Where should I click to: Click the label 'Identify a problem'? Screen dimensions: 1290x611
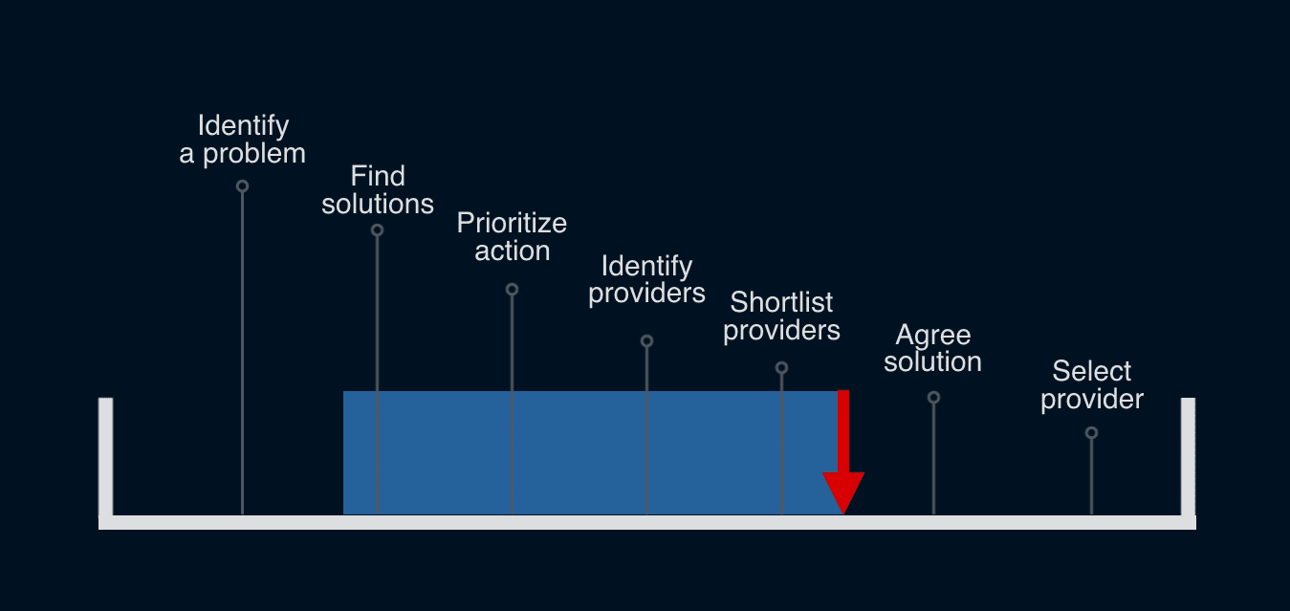pos(243,140)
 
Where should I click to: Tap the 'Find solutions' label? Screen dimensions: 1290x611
pos(378,189)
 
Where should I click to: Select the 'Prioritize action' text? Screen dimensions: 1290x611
pos(512,237)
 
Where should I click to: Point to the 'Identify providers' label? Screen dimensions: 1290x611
pos(646,279)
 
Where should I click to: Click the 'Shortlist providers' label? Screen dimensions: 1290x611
pos(781,316)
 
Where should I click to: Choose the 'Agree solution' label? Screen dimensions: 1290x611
pos(933,348)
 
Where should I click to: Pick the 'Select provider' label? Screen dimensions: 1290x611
pos(1092,385)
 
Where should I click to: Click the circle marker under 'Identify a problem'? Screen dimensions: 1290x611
pos(243,186)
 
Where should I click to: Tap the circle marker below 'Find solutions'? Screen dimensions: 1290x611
pos(377,230)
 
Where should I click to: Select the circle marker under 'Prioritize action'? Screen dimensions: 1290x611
pos(512,289)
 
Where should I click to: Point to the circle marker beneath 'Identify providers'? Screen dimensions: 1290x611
pos(646,341)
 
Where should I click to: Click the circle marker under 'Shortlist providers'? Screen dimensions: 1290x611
pos(781,367)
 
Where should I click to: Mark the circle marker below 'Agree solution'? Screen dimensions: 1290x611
pos(933,398)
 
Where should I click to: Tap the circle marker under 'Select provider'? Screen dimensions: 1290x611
pos(1091,432)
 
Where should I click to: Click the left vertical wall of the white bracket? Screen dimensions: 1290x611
pos(105,457)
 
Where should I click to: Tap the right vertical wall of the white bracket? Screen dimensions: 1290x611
pos(1188,457)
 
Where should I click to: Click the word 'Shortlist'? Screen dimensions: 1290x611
pos(781,302)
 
